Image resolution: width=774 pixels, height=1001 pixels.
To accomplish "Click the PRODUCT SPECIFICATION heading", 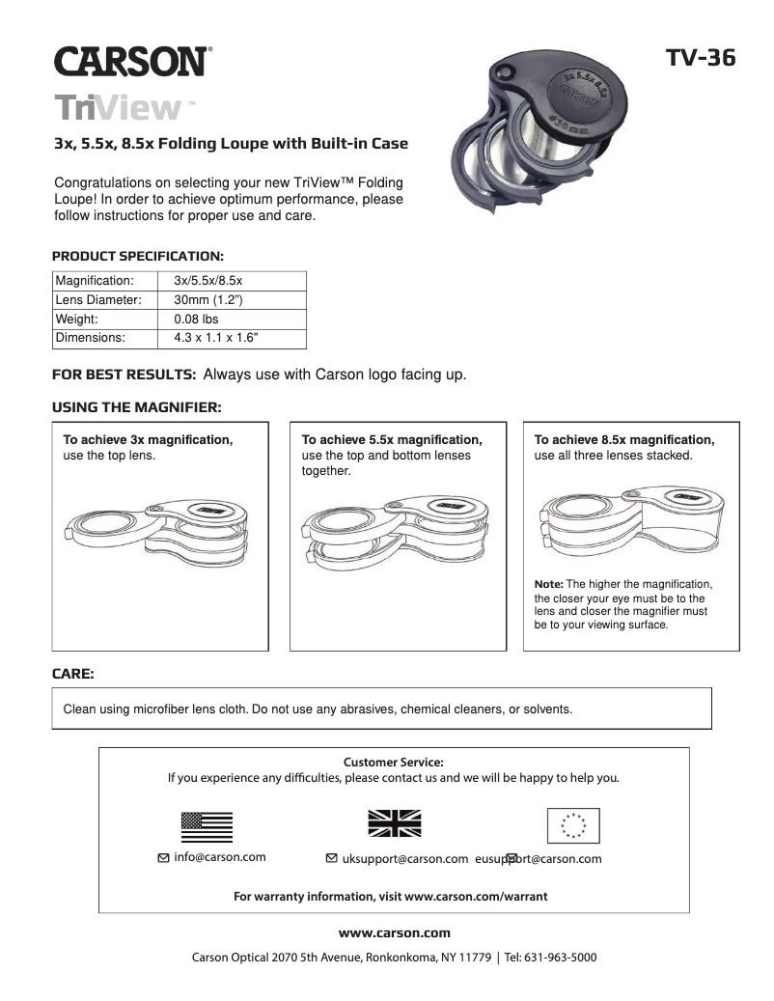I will point(137,257).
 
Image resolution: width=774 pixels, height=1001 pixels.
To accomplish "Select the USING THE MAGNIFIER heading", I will point(136,408).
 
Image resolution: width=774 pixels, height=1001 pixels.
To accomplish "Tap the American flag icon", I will point(207,827).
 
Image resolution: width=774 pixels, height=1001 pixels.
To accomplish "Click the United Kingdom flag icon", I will point(395,822).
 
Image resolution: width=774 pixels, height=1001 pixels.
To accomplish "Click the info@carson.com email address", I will point(219,857).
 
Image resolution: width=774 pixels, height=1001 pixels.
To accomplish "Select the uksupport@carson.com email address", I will point(404,859).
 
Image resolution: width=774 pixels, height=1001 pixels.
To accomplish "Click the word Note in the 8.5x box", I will point(548,584).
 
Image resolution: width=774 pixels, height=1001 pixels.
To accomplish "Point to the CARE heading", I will point(72,672).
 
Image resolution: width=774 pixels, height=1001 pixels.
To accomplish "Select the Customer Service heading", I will point(393,762).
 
